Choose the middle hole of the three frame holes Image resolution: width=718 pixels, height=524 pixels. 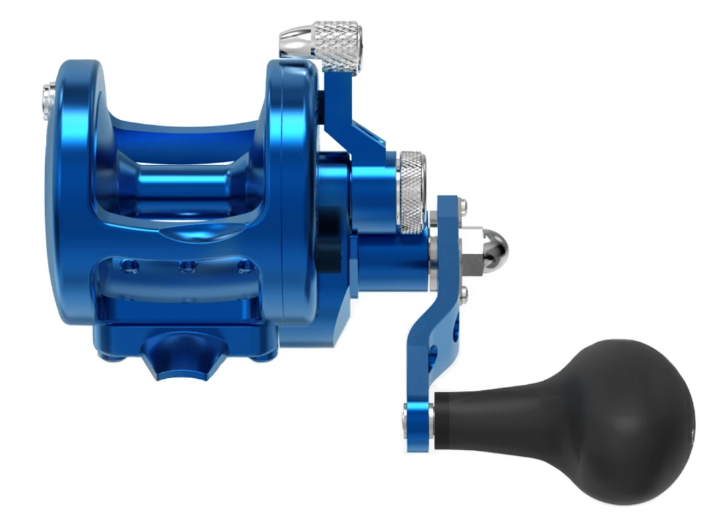pos(188,267)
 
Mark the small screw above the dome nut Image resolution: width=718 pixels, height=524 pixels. pos(463,205)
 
